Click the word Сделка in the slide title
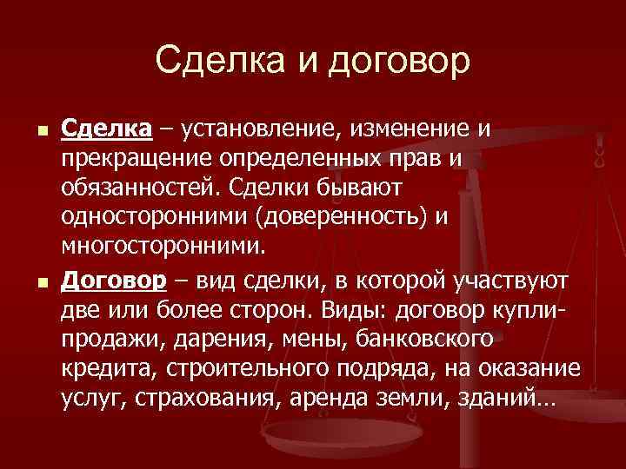point(208,61)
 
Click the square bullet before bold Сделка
point(32,132)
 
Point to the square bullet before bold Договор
point(32,283)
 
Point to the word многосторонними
point(160,248)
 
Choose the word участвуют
point(512,281)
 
